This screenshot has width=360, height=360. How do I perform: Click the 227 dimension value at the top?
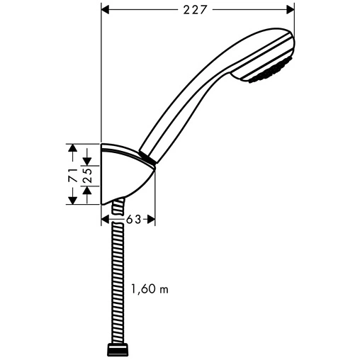(197, 10)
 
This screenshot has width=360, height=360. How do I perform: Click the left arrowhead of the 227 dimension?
(106, 10)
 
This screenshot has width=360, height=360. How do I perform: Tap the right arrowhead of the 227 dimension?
(289, 10)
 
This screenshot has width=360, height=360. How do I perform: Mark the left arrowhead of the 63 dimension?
(106, 220)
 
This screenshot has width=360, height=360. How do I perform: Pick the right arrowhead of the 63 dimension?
(150, 220)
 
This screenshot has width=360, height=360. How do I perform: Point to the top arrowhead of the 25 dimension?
(89, 162)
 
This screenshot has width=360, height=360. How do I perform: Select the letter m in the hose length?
(164, 290)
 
